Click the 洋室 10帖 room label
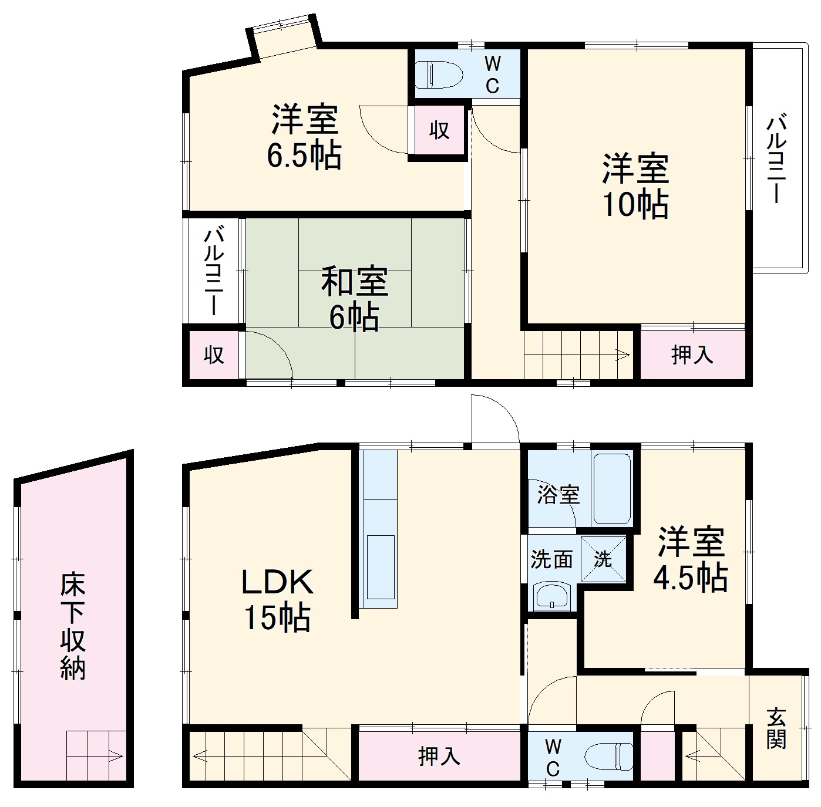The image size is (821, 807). [635, 186]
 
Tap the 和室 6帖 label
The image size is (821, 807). [354, 299]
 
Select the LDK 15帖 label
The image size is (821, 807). [277, 600]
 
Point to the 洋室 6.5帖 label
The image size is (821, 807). [304, 137]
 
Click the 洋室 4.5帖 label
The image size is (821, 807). [691, 559]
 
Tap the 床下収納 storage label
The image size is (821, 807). [73, 626]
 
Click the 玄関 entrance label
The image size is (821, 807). [776, 728]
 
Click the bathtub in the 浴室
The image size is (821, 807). [612, 488]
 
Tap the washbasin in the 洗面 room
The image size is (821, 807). [551, 596]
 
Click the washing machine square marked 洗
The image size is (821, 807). [603, 559]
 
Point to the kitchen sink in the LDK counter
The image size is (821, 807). [380, 566]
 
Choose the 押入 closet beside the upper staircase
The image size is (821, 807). [692, 354]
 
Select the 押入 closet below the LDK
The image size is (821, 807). [439, 756]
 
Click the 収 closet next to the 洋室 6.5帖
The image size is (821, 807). [439, 130]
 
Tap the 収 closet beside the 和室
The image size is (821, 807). [214, 354]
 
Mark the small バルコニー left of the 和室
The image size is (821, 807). [214, 271]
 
